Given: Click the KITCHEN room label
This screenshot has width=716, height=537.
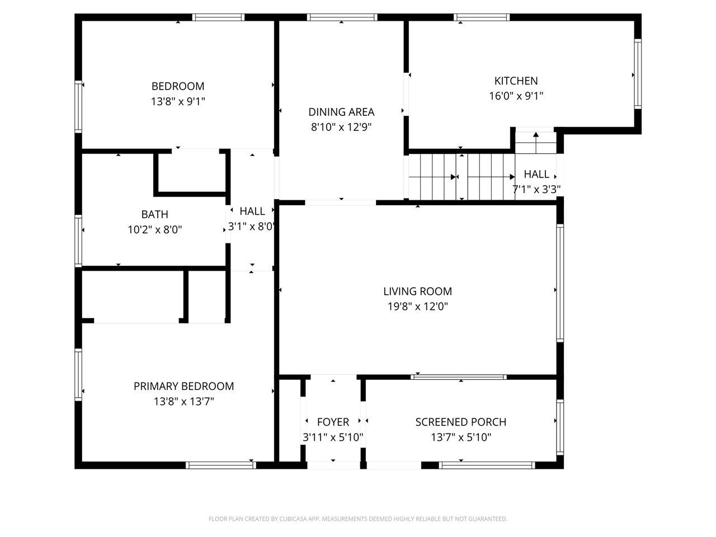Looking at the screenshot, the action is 516,81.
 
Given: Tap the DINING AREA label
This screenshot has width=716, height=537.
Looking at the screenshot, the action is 341,112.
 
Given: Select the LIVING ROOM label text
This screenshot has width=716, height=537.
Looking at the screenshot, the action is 417,291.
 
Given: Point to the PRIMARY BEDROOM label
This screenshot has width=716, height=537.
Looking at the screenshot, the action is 183,387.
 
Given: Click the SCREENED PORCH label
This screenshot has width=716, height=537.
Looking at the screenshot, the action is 460,422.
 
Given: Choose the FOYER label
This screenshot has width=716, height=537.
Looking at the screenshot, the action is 333,422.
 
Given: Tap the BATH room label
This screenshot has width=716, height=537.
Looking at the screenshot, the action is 154,215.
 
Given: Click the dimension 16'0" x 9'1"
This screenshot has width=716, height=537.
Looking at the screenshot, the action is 516,96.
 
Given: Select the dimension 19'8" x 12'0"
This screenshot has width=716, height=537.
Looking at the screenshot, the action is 417,307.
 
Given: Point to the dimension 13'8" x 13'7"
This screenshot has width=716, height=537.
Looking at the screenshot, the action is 183,402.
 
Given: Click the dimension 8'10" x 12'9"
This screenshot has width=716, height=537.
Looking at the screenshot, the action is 341,127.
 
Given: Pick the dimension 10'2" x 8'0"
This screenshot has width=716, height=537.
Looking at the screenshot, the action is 154,230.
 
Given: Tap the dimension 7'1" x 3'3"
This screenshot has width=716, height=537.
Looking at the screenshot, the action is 536,190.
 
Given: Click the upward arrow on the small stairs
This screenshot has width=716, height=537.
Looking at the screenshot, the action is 536,143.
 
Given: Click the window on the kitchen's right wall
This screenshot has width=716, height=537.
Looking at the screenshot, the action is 638,74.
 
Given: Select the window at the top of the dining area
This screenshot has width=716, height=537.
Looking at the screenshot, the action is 342,17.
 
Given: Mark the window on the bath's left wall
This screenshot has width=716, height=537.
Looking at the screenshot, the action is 78,241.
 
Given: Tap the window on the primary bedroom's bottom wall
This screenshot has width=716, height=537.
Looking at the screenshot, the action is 221,465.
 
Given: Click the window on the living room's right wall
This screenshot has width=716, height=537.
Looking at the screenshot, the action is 560,283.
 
